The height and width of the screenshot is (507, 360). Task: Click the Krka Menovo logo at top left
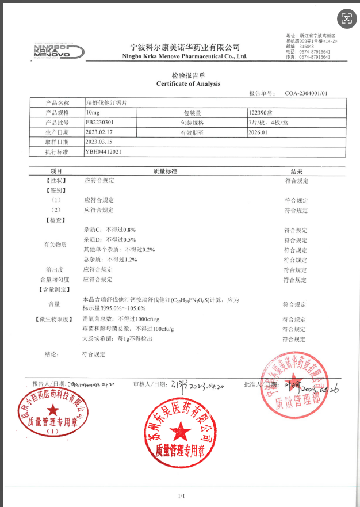pyautogui.click(x=58, y=51)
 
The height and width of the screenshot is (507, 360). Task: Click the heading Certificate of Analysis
pyautogui.click(x=188, y=84)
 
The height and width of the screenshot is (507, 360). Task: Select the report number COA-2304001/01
pyautogui.click(x=306, y=93)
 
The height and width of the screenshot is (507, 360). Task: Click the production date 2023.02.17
pyautogui.click(x=99, y=132)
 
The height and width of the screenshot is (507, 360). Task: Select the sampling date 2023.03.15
pyautogui.click(x=99, y=142)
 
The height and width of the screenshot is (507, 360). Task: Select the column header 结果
pyautogui.click(x=296, y=171)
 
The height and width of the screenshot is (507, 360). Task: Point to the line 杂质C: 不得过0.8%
pyautogui.click(x=109, y=230)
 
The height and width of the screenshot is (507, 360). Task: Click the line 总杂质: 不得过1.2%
pyautogui.click(x=110, y=260)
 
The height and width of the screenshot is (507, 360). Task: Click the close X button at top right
pyautogui.click(x=346, y=17)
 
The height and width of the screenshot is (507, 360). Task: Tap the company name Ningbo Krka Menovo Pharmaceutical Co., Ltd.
pyautogui.click(x=185, y=56)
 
